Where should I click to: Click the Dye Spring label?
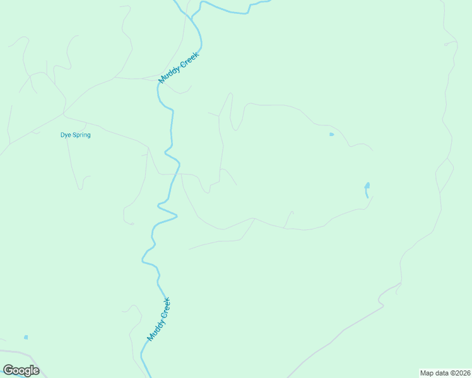tap(75, 135)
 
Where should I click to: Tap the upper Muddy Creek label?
tap(179, 68)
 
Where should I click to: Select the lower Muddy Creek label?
tap(159, 319)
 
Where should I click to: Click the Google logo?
tap(21, 370)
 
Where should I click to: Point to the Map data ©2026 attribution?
tap(444, 373)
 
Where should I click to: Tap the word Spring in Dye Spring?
tap(81, 135)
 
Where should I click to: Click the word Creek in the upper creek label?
tap(189, 59)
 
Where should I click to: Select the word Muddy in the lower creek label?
tap(153, 329)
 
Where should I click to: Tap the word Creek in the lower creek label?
tap(165, 307)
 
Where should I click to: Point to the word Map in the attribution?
tap(427, 373)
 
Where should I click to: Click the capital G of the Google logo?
tap(8, 370)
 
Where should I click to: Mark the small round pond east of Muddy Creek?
tap(331, 134)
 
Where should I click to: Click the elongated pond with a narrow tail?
tap(367, 187)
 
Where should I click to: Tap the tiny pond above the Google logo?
tap(26, 338)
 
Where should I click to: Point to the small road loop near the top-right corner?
tap(451, 43)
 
